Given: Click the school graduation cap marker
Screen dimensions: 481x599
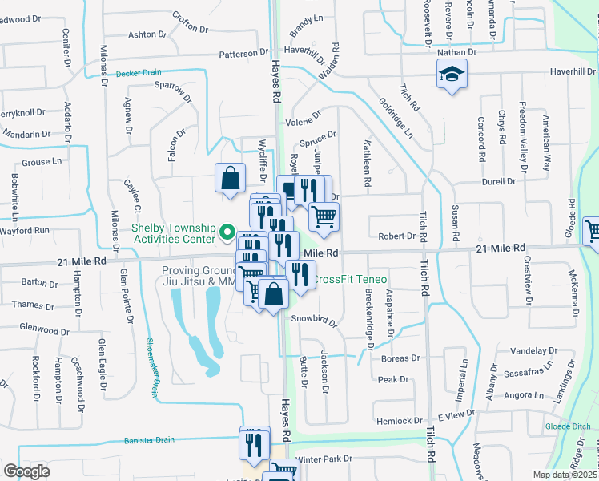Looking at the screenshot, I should point(452,75).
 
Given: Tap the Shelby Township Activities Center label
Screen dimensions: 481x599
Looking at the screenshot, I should point(173,232).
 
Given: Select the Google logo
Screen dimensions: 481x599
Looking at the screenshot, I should point(26,471).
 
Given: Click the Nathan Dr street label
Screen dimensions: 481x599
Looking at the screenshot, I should point(457,51).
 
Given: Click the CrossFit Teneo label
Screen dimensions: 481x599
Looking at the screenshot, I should point(347,280).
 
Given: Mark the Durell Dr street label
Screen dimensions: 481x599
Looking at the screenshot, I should point(500,182).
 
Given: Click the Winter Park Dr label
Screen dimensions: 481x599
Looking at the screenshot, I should point(324,459).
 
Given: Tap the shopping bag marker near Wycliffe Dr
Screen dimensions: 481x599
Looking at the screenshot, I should point(230,178).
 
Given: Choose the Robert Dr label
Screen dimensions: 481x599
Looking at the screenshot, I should point(397,236).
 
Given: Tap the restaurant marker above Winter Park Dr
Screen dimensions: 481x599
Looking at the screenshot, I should point(255,443).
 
